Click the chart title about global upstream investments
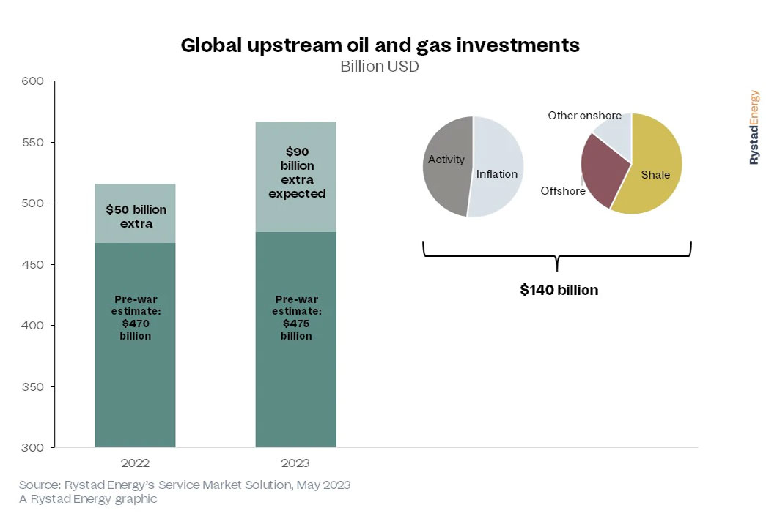click(380, 45)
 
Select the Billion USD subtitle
click(379, 66)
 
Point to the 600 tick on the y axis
click(35, 81)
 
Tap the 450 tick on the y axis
click(35, 264)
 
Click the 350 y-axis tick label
click(35, 386)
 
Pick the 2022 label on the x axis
click(135, 463)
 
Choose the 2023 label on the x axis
click(295, 463)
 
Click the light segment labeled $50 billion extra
click(136, 215)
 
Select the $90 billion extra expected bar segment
click(296, 176)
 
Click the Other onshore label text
click(584, 116)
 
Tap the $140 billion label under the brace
click(559, 290)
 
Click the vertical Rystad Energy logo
click(754, 127)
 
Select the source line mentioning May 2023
click(185, 485)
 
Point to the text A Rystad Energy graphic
click(88, 498)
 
